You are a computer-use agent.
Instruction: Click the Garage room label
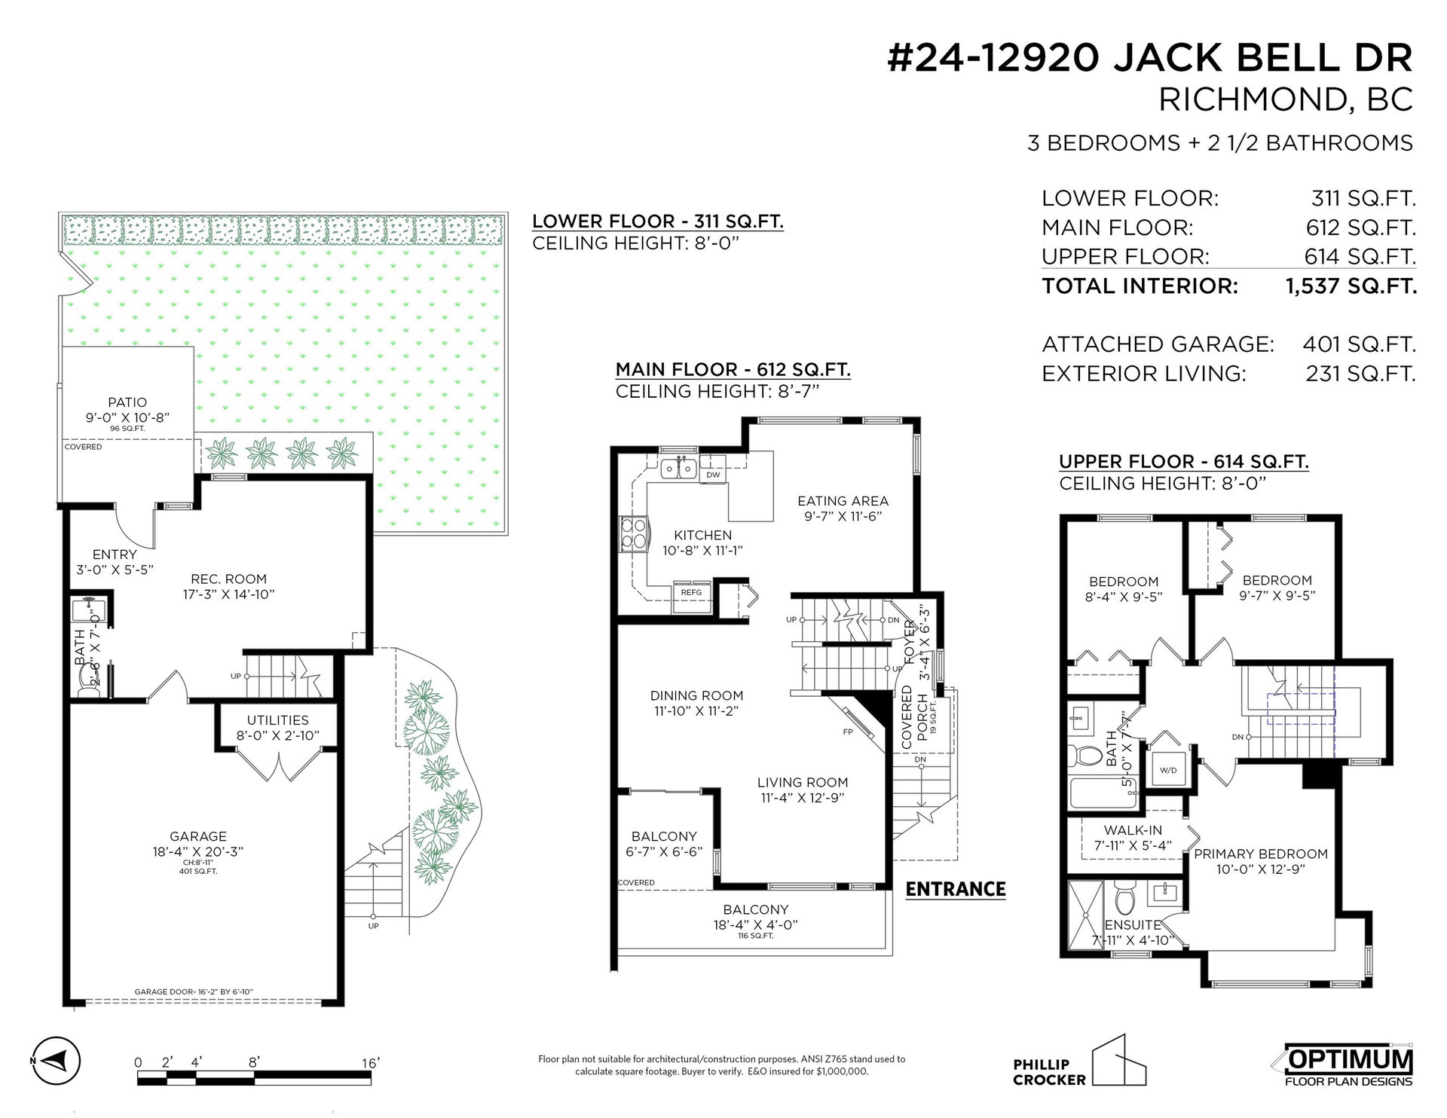point(197,836)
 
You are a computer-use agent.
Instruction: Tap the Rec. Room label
point(228,579)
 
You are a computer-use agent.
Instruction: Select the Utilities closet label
point(277,720)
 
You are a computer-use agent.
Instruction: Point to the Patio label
point(127,402)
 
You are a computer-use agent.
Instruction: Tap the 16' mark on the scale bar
point(370,1063)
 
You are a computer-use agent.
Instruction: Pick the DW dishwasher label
point(713,475)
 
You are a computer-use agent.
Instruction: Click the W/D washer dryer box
point(1168,770)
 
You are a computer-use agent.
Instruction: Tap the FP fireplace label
point(848,732)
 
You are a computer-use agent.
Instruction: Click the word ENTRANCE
point(956,889)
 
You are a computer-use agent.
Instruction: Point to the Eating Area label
point(843,501)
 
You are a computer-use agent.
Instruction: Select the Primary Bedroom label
point(1260,854)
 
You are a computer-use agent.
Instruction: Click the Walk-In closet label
point(1133,830)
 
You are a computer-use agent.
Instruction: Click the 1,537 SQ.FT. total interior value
point(1351,286)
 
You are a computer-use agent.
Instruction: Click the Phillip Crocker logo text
point(1049,1072)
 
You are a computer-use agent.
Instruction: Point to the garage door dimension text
point(199,991)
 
